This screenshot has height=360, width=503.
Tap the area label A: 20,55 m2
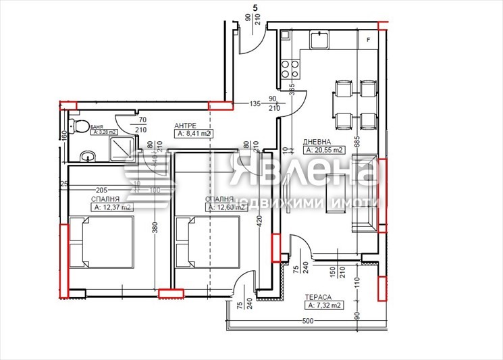coord(325,151)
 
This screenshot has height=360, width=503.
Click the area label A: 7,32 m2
coord(321,305)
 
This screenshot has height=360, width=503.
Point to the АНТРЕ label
coord(186,126)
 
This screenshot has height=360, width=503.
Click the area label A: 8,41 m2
coord(193,134)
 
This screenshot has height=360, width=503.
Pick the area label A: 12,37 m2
coord(113,207)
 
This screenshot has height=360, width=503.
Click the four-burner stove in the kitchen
coord(290,69)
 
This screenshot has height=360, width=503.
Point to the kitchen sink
coord(319,40)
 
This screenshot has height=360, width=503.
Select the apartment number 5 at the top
coord(255,7)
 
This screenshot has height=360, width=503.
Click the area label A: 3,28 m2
coord(101,132)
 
